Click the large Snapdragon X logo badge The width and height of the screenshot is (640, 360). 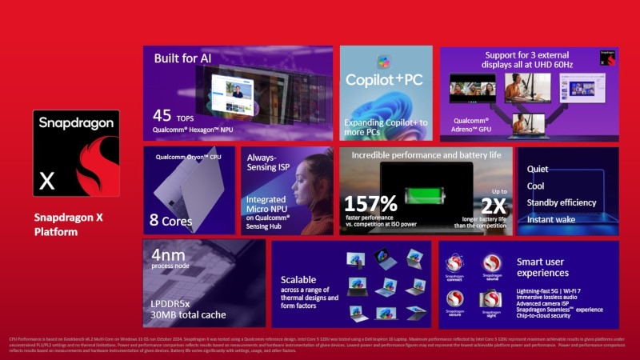click(76, 154)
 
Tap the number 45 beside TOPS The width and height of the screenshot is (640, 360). click(162, 115)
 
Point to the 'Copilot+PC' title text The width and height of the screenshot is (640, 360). click(386, 80)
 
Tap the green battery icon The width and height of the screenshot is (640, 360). click(426, 194)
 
